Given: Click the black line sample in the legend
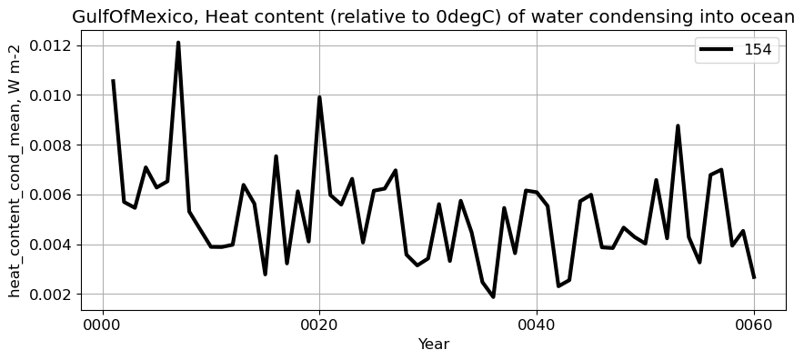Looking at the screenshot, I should click(x=718, y=50).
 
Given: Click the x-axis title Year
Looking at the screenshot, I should click(x=433, y=345).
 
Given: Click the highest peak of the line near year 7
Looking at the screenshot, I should click(x=178, y=43).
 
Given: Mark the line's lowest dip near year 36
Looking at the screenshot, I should click(x=494, y=296).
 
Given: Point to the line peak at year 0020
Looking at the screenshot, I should click(x=319, y=97).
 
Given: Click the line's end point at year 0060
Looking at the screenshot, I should click(x=754, y=277).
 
